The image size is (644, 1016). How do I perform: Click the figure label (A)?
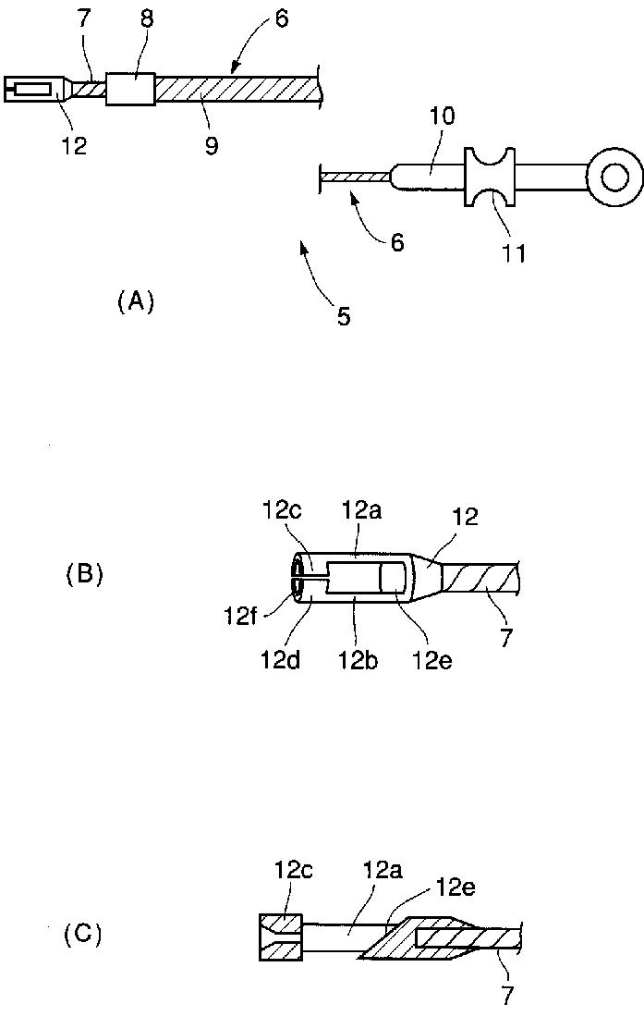(x=135, y=301)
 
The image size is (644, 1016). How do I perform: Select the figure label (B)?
(x=84, y=574)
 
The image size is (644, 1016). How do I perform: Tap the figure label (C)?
(x=83, y=935)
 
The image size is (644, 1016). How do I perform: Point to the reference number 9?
(x=212, y=145)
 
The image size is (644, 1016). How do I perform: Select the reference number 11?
(x=513, y=251)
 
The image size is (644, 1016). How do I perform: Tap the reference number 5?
(x=344, y=317)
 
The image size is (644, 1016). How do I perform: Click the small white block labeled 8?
(x=131, y=89)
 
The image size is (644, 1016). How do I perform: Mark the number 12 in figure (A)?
(x=75, y=145)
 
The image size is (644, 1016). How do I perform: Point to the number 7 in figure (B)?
(x=506, y=639)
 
